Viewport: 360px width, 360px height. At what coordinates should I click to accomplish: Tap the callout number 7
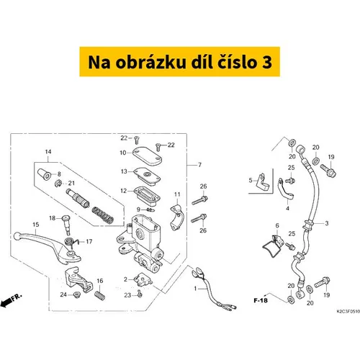coord(199,165)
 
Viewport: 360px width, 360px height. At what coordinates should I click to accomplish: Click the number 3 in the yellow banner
coord(266,62)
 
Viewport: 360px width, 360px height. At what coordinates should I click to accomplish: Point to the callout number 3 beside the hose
coord(327,223)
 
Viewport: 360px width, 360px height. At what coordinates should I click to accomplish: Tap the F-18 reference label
coord(261,300)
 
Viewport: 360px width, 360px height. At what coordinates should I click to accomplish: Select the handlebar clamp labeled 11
coord(177,217)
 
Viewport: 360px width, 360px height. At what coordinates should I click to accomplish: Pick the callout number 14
coord(48,152)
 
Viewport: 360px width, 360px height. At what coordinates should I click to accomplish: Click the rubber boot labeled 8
coord(45,174)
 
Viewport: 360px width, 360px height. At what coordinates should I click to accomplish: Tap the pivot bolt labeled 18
coord(66,225)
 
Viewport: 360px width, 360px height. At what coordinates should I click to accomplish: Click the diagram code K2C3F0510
coord(348,312)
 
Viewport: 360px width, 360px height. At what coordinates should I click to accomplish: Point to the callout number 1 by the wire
coord(195,288)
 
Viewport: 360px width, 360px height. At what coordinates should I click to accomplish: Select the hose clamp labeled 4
coord(286,191)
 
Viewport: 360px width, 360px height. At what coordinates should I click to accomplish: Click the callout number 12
coord(123,191)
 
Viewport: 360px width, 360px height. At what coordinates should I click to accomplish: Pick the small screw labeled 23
coord(140,294)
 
